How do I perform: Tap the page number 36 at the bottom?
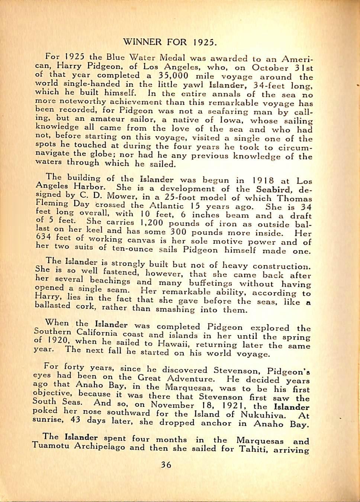pos(166,464)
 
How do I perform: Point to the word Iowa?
pos(230,120)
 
